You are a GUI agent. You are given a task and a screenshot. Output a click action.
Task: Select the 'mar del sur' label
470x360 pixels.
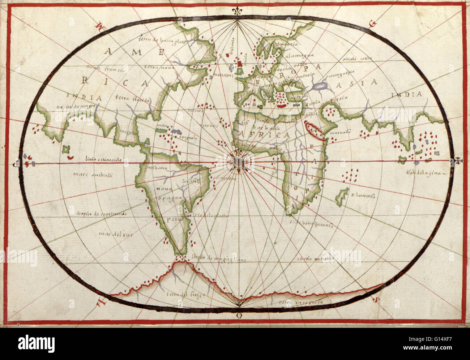coord(116,235)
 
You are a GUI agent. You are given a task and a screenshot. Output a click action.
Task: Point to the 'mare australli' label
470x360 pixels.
coord(93,175)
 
